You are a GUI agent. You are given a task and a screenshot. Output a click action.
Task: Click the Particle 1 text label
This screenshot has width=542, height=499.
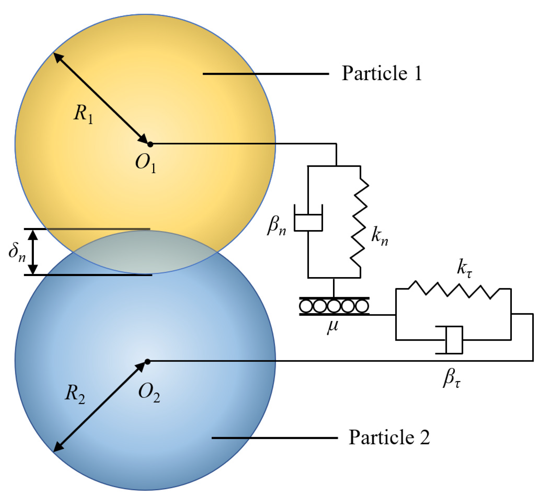(382, 73)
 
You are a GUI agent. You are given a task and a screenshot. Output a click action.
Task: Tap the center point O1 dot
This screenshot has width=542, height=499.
(150, 144)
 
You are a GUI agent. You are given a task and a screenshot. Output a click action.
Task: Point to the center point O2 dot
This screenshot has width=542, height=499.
(147, 362)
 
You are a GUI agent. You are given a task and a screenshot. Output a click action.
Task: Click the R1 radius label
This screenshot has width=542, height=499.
(83, 113)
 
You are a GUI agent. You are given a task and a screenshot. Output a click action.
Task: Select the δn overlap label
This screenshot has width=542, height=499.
(17, 252)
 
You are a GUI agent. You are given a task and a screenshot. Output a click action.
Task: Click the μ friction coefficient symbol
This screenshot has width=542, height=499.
(333, 326)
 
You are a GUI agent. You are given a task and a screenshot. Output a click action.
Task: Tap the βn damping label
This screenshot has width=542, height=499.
(276, 226)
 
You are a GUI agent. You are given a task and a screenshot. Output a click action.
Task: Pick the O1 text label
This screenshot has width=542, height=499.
(146, 163)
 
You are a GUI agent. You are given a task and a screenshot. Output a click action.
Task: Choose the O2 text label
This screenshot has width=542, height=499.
(149, 393)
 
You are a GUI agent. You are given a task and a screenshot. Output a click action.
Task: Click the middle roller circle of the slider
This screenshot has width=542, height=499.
(334, 306)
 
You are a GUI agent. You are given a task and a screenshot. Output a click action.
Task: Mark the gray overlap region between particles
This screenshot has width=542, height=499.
(145, 252)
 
